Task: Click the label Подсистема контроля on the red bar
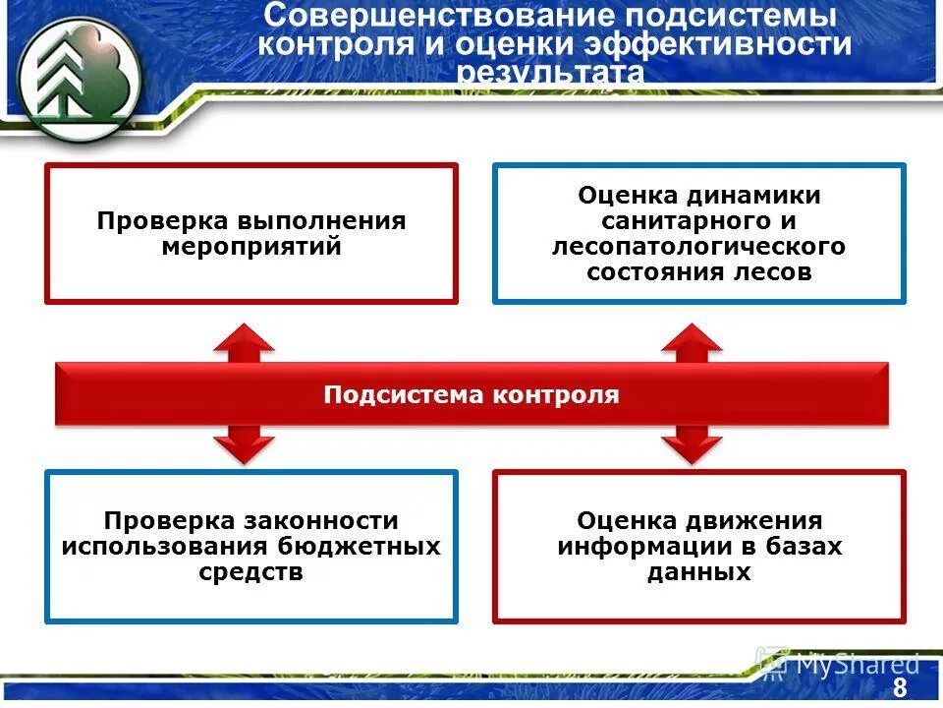click(471, 395)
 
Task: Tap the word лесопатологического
click(698, 247)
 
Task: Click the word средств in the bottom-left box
click(251, 572)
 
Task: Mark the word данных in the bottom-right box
click(699, 571)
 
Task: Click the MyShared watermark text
click(856, 664)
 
